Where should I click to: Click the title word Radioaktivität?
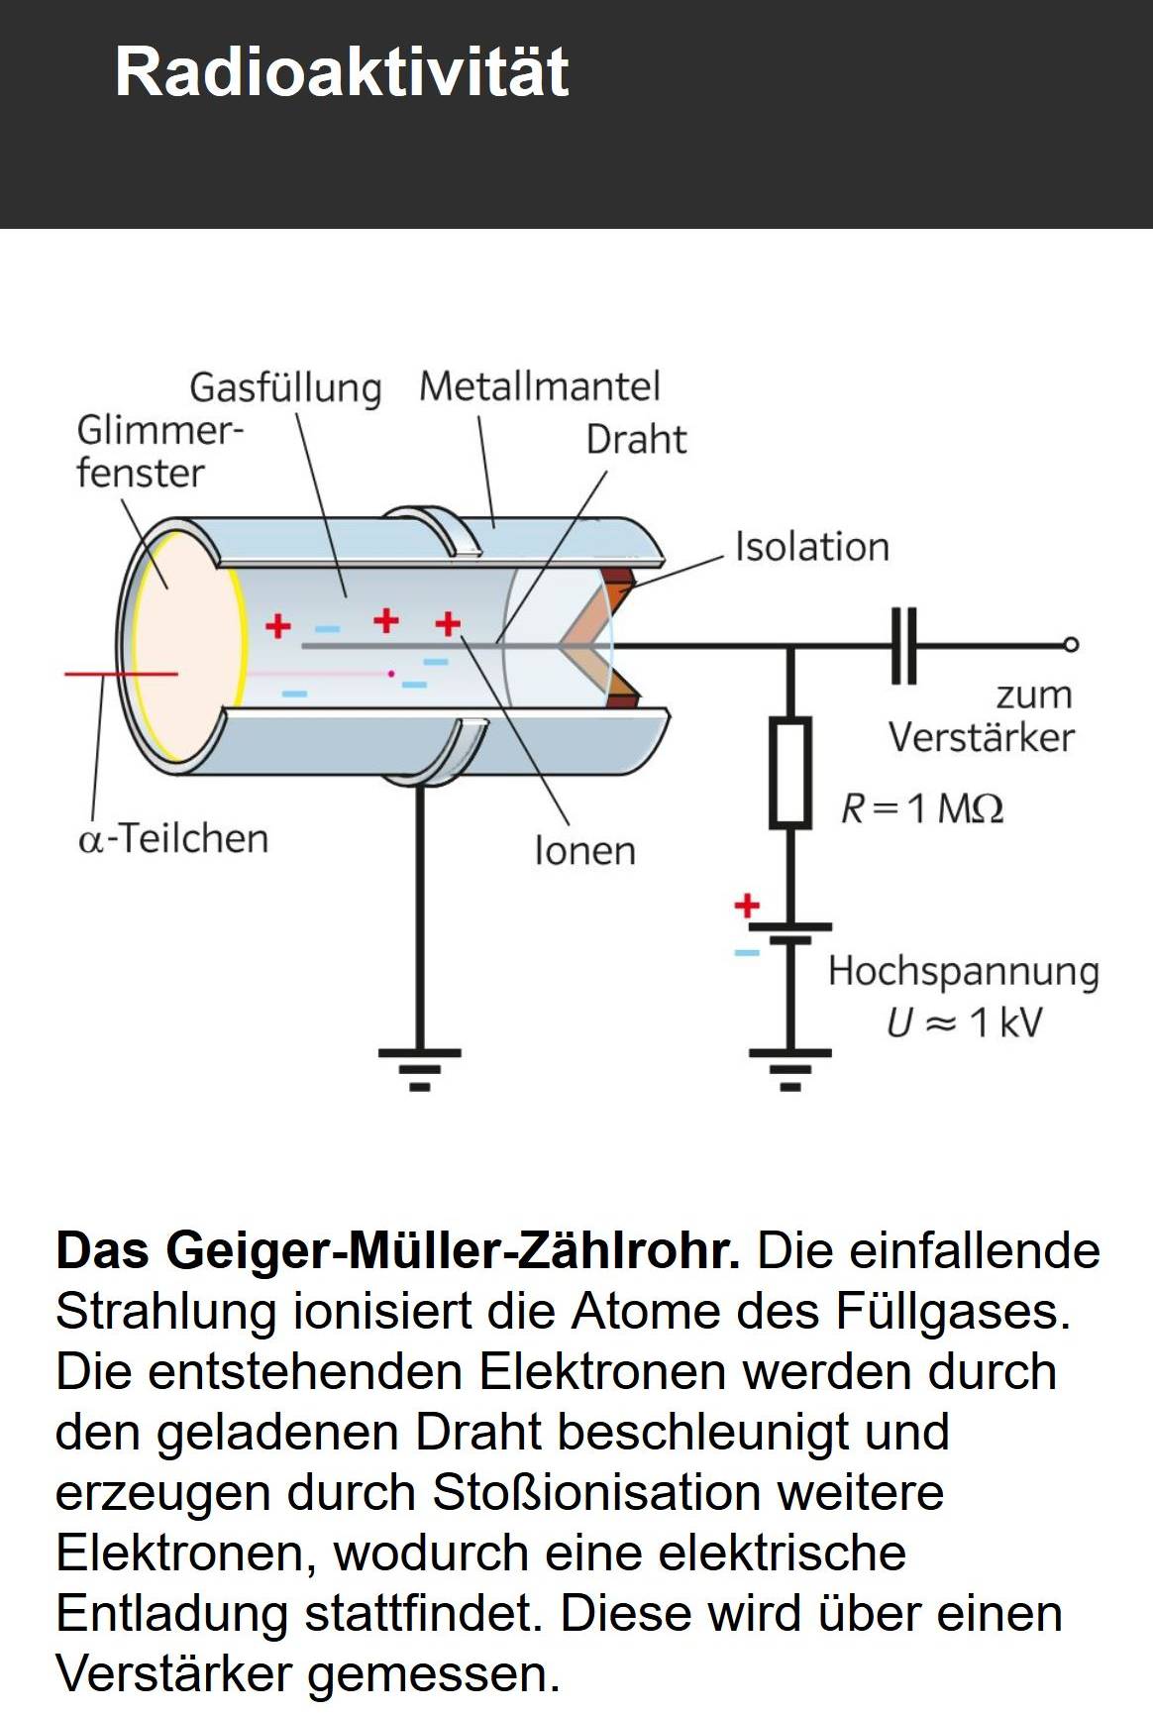pos(342,71)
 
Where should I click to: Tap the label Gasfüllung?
pos(285,387)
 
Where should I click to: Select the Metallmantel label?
pos(539,386)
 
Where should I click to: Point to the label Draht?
pos(635,440)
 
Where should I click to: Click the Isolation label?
pos(811,547)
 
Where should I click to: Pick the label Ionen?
pos(584,851)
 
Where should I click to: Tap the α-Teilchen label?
pos(173,839)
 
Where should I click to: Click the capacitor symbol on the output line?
pos(903,646)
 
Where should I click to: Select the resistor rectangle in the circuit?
pos(790,773)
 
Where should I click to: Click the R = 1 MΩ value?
pos(921,809)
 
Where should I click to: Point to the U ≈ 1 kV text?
pos(964,1022)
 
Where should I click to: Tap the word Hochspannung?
pos(963,972)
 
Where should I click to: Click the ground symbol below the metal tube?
pos(419,1068)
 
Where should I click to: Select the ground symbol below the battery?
pos(789,1068)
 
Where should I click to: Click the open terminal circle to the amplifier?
pos(1070,645)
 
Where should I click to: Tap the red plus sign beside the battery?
pos(747,905)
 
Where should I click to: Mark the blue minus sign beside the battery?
pos(746,953)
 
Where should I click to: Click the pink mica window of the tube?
pos(186,644)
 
